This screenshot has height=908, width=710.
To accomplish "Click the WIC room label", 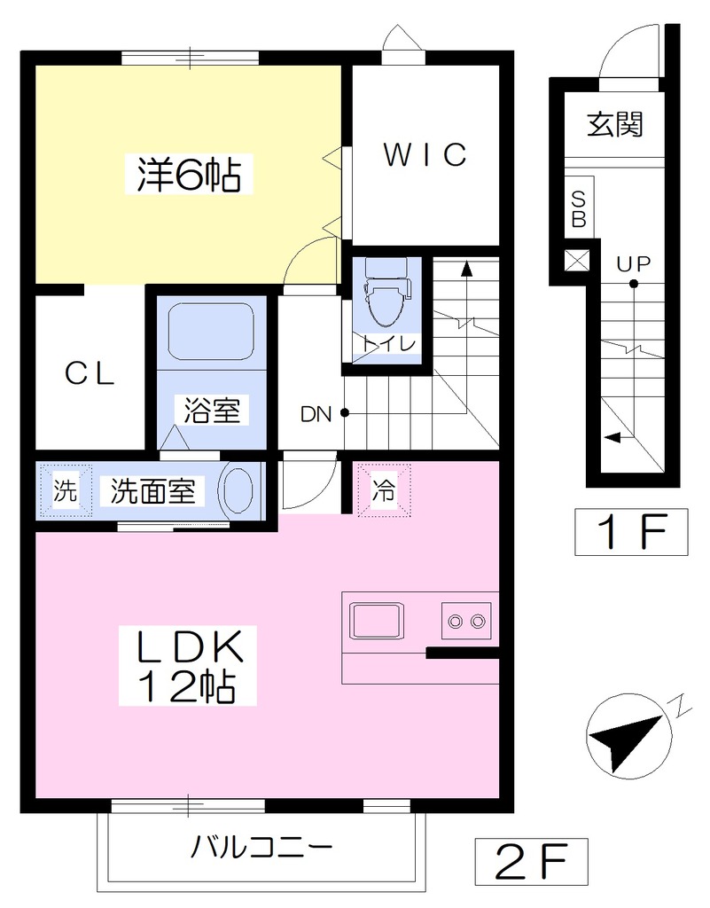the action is pyautogui.click(x=425, y=154).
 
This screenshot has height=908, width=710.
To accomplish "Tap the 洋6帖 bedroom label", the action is pyautogui.click(x=189, y=174).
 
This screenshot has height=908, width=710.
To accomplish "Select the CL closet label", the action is pyautogui.click(x=90, y=373).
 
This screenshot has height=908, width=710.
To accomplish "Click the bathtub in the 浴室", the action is pyautogui.click(x=211, y=332).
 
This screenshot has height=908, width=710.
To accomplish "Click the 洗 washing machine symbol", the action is pyautogui.click(x=65, y=490).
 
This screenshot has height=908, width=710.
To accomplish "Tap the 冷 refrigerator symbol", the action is pyautogui.click(x=384, y=489).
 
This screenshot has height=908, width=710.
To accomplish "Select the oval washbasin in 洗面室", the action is pyautogui.click(x=238, y=490).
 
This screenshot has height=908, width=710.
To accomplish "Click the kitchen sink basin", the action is pyautogui.click(x=376, y=621).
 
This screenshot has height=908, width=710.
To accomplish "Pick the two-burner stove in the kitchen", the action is pyautogui.click(x=466, y=621).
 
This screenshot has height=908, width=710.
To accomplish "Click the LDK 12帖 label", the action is pyautogui.click(x=188, y=665).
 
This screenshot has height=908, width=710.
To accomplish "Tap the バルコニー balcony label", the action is pyautogui.click(x=261, y=848).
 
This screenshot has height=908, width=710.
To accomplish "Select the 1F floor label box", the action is pyautogui.click(x=631, y=532).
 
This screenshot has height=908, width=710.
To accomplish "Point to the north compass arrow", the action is pyautogui.click(x=626, y=739).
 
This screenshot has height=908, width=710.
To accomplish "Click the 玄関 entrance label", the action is pyautogui.click(x=614, y=124).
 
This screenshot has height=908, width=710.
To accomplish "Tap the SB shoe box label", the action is pyautogui.click(x=579, y=209).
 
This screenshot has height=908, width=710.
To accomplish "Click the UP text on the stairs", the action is pyautogui.click(x=633, y=264).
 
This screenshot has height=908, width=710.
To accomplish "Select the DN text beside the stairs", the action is pyautogui.click(x=316, y=414).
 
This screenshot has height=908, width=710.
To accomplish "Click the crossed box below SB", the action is pyautogui.click(x=577, y=260).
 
